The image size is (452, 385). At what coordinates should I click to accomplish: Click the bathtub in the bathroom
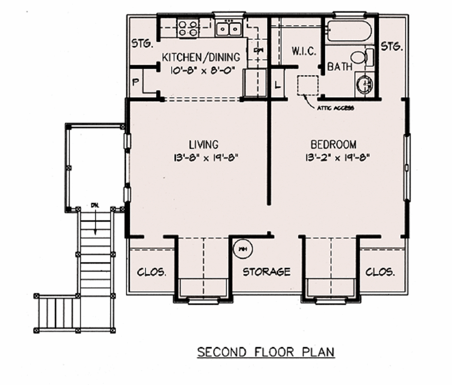coord(349,31)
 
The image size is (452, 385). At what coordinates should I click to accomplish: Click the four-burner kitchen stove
coord(188,27)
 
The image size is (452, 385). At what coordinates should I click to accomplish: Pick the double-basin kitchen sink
coord(229,29)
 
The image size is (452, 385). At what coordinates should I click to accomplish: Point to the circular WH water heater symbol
coord(242,249)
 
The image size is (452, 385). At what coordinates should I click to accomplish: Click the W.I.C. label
coord(304,51)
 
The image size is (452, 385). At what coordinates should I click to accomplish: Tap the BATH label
coord(340,67)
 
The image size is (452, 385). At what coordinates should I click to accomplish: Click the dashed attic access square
coord(308,85)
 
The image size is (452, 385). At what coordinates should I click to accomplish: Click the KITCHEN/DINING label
coord(201,57)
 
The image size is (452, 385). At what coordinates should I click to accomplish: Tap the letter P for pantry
coord(136,82)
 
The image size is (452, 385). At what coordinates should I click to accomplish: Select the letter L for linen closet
coord(278,86)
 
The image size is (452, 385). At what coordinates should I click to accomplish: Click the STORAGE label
coord(267,272)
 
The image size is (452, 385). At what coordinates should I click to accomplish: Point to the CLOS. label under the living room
coord(152,272)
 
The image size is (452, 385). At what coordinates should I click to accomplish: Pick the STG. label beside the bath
coord(392,46)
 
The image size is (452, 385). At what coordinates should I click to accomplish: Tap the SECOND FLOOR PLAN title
coord(266,352)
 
